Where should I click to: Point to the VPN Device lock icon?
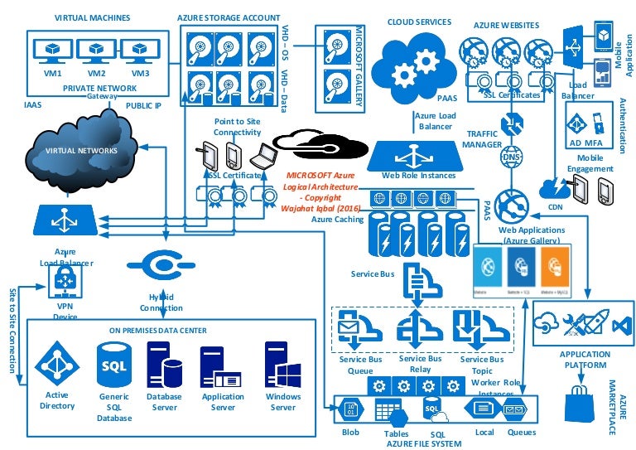pyautogui.click(x=64, y=283)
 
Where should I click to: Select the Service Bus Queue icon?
pyautogui.click(x=359, y=331)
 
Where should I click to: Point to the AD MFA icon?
pyautogui.click(x=577, y=125)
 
